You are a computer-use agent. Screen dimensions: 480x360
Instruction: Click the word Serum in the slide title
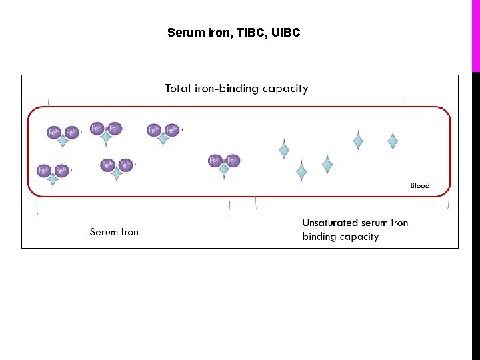click(183, 32)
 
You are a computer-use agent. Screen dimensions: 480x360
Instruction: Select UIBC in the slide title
click(286, 32)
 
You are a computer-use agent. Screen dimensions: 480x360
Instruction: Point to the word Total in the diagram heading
click(178, 88)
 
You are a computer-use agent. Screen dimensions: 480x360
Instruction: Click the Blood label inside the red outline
click(419, 185)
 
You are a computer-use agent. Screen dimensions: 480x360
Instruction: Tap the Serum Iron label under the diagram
click(114, 232)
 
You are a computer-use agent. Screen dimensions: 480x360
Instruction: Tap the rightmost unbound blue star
click(393, 141)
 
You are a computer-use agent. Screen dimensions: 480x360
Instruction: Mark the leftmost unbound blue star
click(284, 149)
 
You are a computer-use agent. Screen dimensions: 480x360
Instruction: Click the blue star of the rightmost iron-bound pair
click(224, 171)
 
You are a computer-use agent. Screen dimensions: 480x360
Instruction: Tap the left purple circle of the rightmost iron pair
click(215, 161)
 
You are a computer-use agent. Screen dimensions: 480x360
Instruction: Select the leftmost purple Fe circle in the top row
click(54, 132)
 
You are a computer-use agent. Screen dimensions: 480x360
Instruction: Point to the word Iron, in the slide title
click(212, 32)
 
